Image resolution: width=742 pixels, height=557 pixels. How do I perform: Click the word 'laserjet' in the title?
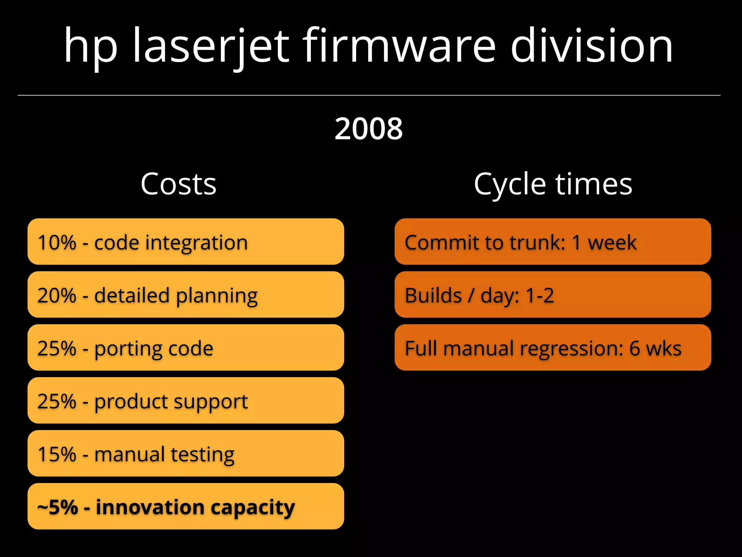point(211,46)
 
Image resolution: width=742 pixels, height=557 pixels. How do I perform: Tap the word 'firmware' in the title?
point(399,46)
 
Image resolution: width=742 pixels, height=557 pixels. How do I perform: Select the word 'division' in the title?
point(591,46)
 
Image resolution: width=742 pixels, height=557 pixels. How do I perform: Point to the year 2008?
point(368,128)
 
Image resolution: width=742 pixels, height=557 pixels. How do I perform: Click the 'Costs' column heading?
point(178,184)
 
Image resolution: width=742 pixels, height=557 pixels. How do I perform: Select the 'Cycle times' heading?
point(553,184)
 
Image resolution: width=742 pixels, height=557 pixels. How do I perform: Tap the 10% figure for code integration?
point(57,242)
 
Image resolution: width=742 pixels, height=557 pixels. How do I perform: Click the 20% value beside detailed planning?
point(57,295)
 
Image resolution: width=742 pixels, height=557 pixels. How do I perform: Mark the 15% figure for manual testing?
point(57,454)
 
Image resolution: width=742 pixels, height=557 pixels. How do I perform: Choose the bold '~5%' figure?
point(58,507)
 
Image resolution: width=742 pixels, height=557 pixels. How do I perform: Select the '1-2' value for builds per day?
point(539,295)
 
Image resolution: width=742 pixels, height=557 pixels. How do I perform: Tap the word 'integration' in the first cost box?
point(196,243)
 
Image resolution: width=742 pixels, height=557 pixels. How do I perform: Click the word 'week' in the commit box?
point(612,242)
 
